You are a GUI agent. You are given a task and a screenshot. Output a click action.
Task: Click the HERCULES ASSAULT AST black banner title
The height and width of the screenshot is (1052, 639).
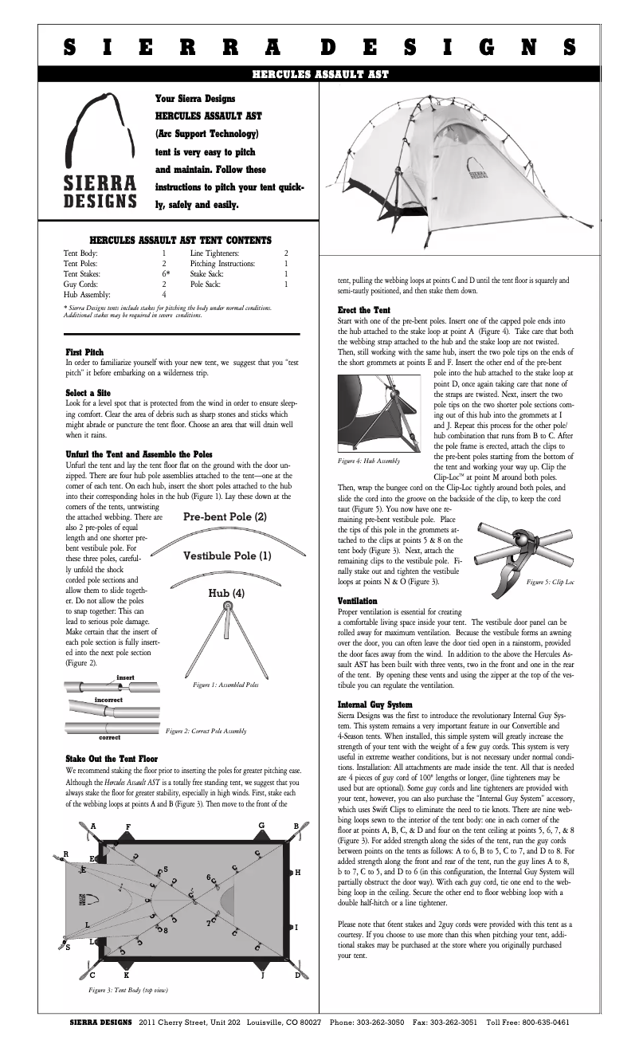tap(319, 74)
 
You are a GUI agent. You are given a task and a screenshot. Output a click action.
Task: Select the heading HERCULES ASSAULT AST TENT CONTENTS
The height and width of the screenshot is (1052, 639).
tap(181, 239)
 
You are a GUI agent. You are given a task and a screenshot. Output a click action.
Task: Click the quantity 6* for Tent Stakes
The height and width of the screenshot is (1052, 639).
tap(166, 273)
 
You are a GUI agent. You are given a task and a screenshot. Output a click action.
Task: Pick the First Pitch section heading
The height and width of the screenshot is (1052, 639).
tap(84, 351)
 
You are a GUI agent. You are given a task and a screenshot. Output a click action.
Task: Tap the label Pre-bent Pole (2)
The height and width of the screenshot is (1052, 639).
tap(225, 516)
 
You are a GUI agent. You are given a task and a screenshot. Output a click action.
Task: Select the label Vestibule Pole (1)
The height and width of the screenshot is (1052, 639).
tap(227, 555)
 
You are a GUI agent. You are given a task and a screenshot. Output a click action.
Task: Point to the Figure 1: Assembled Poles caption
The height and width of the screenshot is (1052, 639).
tap(225, 684)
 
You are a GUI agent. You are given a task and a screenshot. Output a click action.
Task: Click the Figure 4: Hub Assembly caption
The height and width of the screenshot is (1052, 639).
tap(369, 460)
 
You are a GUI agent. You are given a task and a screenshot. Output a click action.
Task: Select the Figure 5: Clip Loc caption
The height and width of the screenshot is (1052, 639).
tap(550, 583)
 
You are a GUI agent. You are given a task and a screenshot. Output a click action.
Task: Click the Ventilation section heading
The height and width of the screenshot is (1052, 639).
tap(357, 599)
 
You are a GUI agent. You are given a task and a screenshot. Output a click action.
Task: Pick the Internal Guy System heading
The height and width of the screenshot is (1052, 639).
tap(374, 705)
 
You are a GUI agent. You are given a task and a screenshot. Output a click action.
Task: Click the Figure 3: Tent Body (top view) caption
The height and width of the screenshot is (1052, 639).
tap(127, 991)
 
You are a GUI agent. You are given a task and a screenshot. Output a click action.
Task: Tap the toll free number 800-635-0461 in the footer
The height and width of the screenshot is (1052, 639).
tap(539, 1022)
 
